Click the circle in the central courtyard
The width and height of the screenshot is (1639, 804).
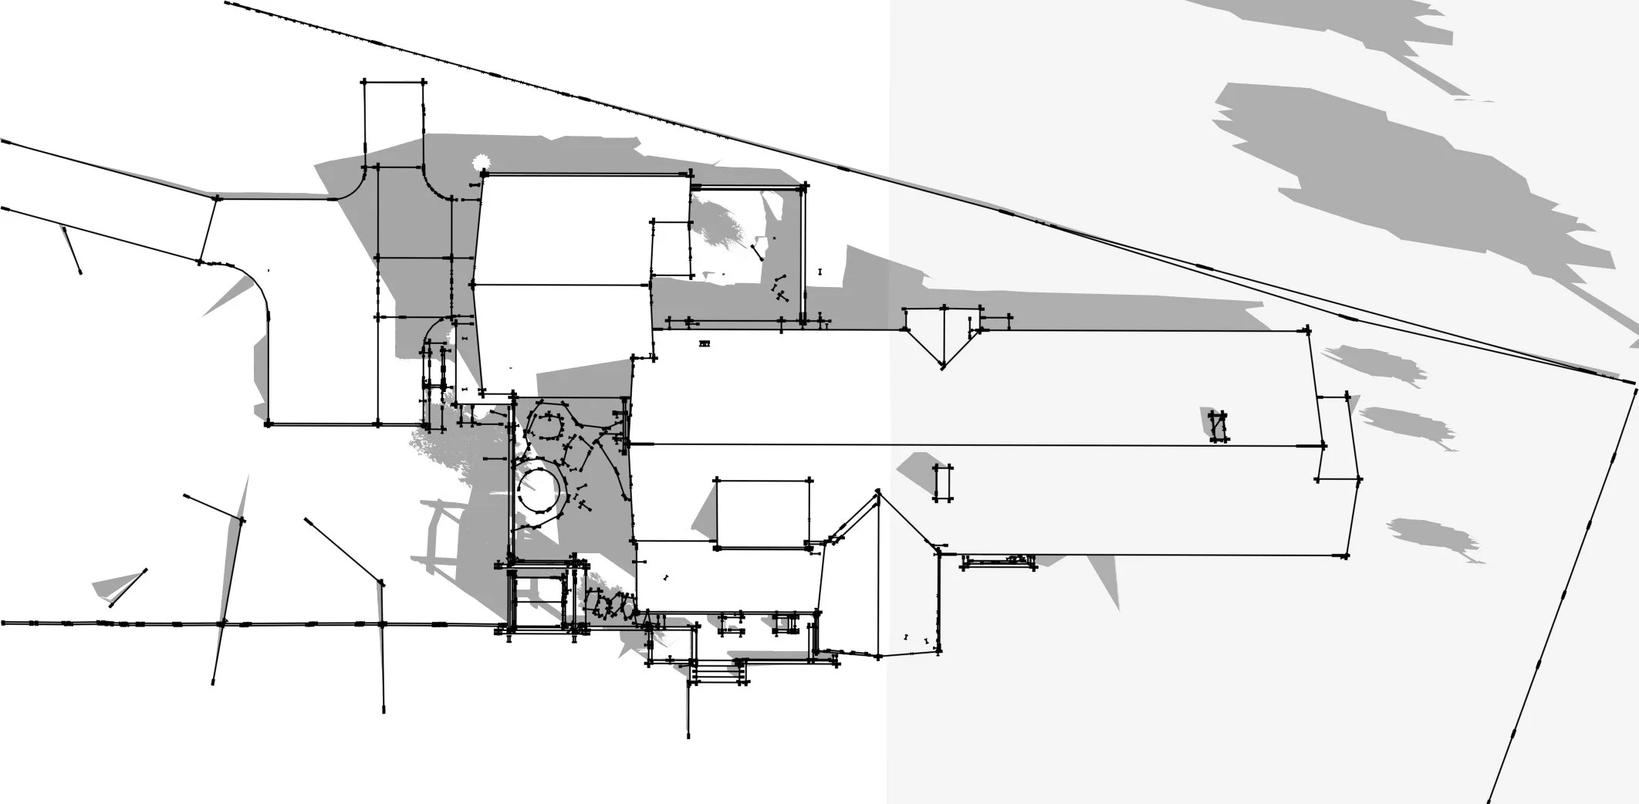[x=539, y=488]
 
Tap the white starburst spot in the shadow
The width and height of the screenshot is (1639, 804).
[x=482, y=163]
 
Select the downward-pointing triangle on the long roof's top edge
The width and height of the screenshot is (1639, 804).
[x=942, y=340]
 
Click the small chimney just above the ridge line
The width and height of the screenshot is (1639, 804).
[x=1218, y=426]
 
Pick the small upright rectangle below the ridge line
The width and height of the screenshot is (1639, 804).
[x=942, y=483]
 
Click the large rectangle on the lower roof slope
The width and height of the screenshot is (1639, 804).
[x=763, y=514]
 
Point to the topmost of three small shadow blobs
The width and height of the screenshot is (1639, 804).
[x=1374, y=363]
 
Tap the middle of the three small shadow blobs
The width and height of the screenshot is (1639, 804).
[x=1406, y=424]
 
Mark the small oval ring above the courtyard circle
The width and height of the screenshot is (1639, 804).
[x=549, y=427]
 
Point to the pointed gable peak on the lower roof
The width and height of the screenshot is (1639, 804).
[x=878, y=492]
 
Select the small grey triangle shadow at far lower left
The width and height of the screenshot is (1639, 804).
[x=116, y=586]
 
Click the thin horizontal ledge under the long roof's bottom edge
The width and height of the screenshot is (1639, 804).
[x=999, y=562]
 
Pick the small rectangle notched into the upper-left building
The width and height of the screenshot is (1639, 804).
[x=671, y=248]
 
